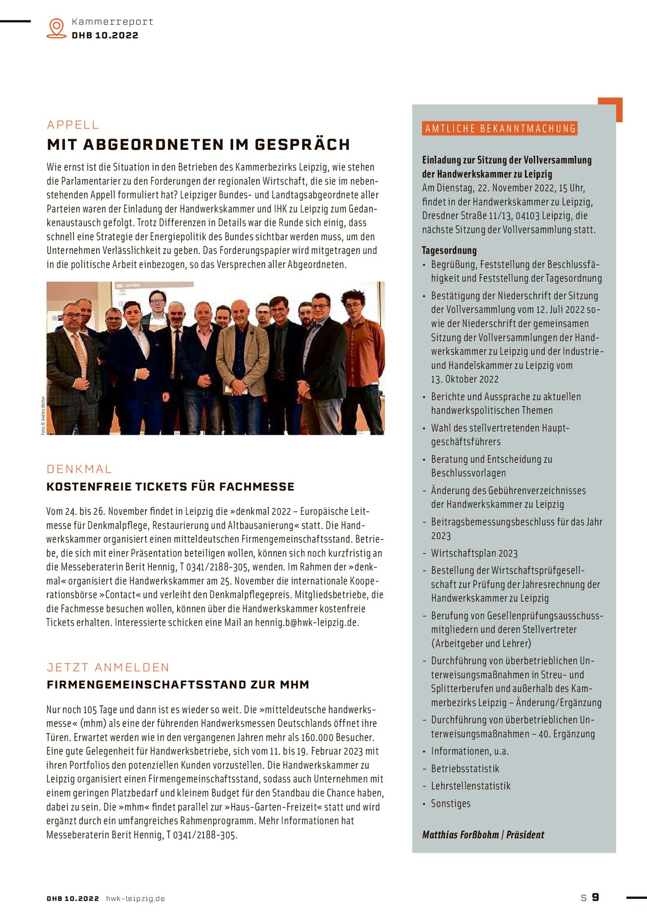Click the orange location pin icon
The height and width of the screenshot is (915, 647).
tap(57, 28)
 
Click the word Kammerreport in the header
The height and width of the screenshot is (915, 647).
tap(112, 22)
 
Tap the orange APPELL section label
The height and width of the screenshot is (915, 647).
tap(73, 125)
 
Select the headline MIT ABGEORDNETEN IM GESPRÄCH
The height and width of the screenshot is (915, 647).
tap(198, 144)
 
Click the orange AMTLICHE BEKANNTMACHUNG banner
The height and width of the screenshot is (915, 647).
tap(500, 129)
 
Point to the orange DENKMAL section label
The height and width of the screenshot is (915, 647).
tap(79, 469)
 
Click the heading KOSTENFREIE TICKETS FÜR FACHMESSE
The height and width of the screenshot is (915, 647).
tap(170, 487)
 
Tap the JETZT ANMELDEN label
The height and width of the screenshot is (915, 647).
tap(108, 667)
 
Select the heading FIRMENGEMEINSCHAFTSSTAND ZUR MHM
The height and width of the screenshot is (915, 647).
tap(178, 685)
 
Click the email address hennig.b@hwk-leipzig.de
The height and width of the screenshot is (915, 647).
tap(307, 623)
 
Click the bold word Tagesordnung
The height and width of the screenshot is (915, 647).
tap(449, 250)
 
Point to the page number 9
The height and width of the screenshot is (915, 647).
tap(595, 897)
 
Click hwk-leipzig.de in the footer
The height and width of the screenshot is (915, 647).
tap(135, 898)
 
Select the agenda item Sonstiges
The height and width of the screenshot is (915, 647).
tap(450, 803)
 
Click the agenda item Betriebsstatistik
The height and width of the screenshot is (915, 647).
tap(465, 769)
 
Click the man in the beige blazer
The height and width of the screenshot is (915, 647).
tap(242, 361)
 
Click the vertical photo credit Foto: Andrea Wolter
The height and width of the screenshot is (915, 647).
tap(43, 415)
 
